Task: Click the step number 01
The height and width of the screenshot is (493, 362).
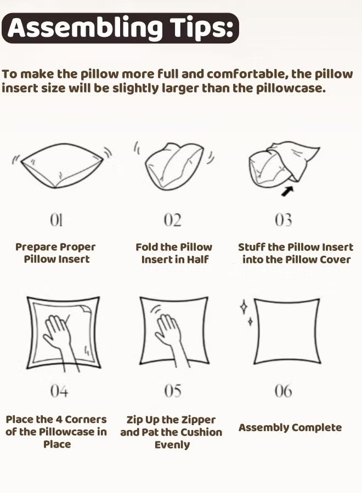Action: [56, 220]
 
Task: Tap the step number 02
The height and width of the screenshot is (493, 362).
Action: [173, 220]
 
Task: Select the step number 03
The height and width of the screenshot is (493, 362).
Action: [283, 220]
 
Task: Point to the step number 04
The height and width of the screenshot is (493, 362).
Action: [59, 391]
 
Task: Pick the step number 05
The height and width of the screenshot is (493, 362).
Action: [173, 391]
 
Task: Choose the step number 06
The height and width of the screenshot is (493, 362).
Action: [283, 391]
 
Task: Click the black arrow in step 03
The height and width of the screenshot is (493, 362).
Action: [287, 191]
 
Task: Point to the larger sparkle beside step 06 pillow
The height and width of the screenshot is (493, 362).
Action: [244, 307]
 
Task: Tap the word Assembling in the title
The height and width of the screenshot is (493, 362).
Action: [85, 28]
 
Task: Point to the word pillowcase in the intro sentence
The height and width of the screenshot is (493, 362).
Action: [290, 88]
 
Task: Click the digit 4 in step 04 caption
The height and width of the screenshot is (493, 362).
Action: [59, 420]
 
